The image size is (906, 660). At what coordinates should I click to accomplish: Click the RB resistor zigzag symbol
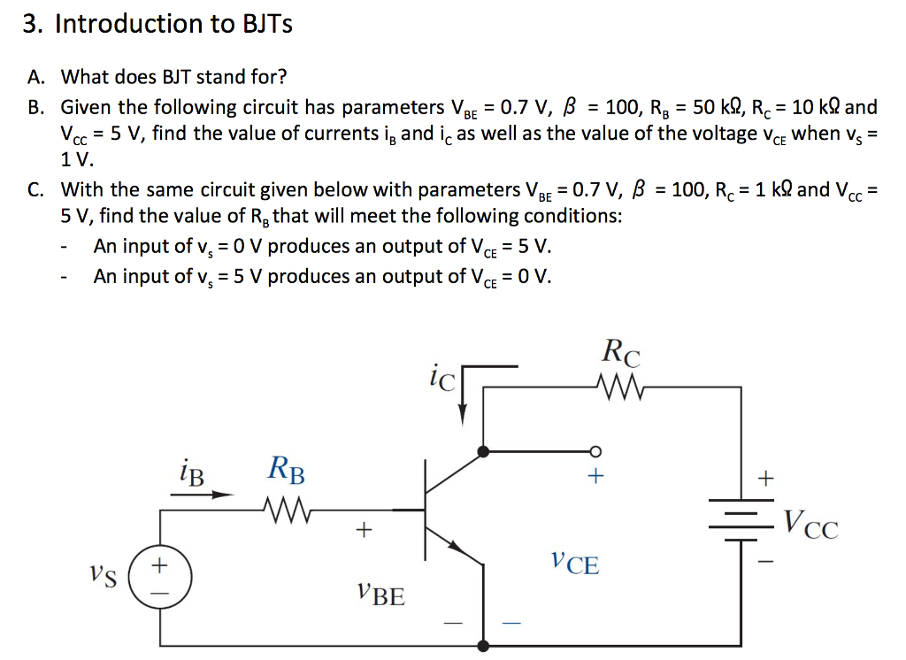[284, 509]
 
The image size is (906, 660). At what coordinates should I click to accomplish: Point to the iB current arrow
[201, 495]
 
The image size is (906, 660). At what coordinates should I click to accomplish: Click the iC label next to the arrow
[441, 380]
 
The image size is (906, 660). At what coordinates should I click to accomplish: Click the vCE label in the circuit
[573, 562]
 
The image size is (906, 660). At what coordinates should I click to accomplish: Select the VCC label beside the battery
[809, 526]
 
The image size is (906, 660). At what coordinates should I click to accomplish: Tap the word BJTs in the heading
[267, 24]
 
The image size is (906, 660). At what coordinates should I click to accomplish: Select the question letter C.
[35, 189]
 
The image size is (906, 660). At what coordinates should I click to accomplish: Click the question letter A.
[35, 77]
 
